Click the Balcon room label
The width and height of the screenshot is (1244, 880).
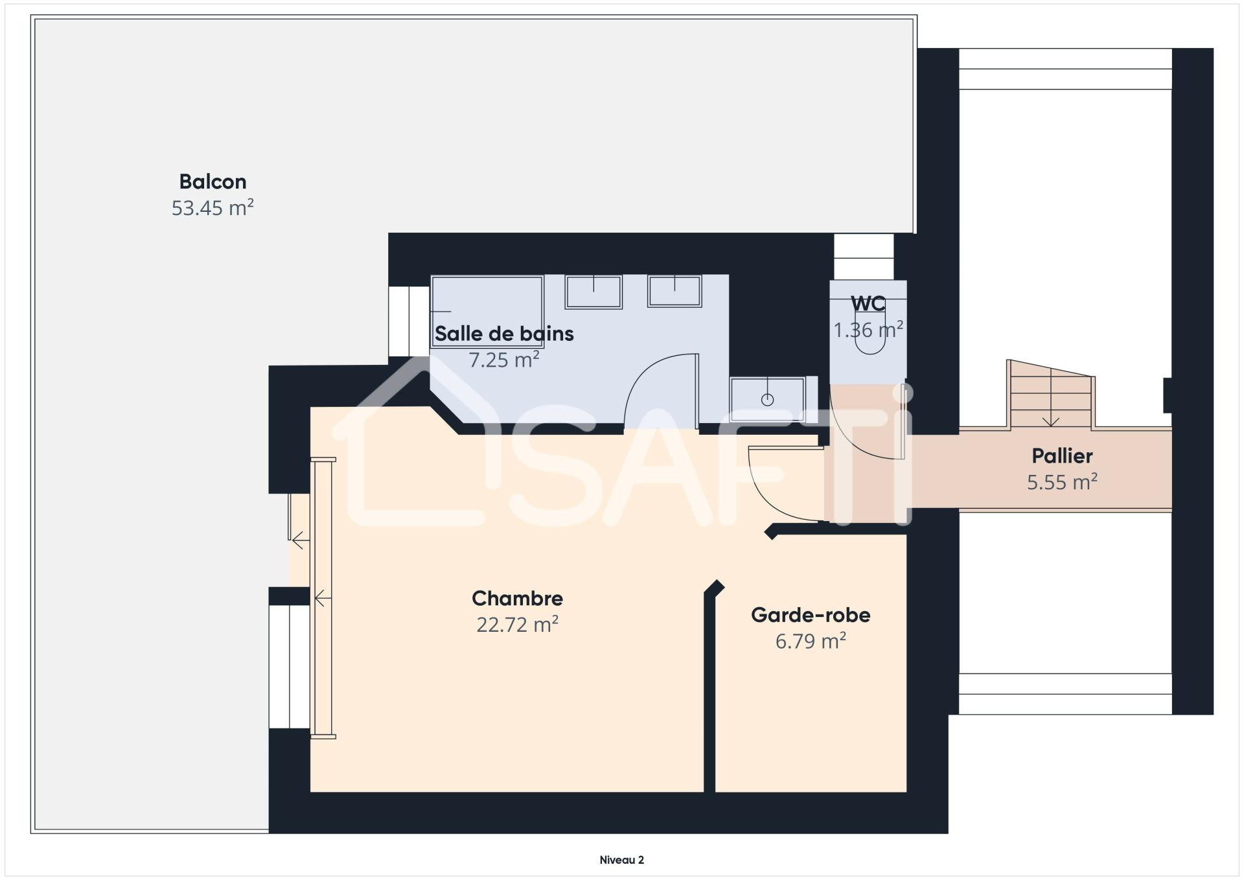tap(213, 181)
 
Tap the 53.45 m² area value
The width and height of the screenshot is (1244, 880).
tap(213, 208)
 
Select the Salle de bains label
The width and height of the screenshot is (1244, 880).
tap(504, 334)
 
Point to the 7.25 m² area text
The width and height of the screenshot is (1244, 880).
tap(504, 360)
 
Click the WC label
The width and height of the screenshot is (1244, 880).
tap(868, 303)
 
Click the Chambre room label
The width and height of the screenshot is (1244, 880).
tap(517, 598)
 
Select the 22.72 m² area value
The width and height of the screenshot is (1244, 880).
tap(517, 625)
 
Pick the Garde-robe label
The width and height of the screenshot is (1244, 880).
tap(811, 615)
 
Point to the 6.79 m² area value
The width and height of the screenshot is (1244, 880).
tap(811, 641)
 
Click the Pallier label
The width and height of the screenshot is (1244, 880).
tap(1062, 456)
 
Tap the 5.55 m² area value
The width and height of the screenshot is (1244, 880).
tap(1062, 482)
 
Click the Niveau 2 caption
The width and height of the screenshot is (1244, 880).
tap(622, 860)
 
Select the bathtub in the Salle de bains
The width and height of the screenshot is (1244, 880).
tap(487, 311)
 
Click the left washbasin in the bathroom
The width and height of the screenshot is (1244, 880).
tap(593, 292)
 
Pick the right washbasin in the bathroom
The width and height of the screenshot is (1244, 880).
tap(674, 291)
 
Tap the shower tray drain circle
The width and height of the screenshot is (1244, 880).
tap(767, 400)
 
